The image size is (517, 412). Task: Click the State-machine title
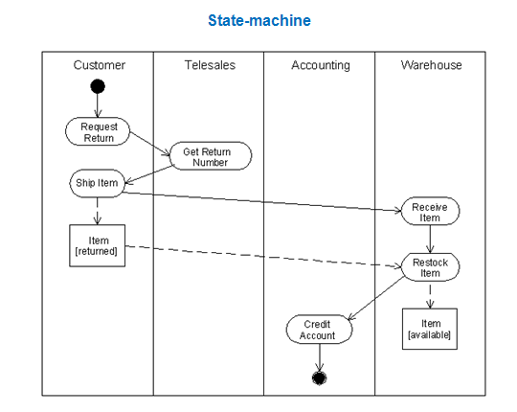(258, 20)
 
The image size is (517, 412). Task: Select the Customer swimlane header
(99, 65)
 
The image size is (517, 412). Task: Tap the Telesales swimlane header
(210, 65)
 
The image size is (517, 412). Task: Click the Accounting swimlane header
(320, 65)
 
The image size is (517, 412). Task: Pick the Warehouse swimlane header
(431, 65)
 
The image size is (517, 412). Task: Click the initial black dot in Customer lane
(98, 87)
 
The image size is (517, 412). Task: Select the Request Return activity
(98, 132)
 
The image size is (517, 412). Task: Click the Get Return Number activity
(210, 156)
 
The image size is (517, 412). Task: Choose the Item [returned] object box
(98, 246)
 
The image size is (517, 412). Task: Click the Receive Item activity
(430, 212)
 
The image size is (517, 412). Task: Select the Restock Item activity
(430, 267)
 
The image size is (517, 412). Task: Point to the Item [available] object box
(430, 330)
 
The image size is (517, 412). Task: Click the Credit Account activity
(319, 330)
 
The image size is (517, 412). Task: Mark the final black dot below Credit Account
(319, 378)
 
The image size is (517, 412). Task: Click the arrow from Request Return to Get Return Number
(149, 142)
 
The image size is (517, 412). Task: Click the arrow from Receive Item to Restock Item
(430, 239)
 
